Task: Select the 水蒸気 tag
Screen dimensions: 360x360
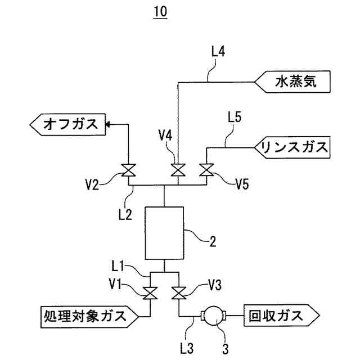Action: coord(292,82)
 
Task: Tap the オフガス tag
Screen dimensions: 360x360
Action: coord(67,124)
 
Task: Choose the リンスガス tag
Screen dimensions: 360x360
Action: coord(292,147)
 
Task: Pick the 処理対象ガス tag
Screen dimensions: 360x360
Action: coord(90,317)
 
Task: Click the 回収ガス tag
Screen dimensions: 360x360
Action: coord(281,316)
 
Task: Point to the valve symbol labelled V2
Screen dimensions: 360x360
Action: coord(128,170)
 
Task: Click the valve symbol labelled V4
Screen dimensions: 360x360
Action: coord(178,170)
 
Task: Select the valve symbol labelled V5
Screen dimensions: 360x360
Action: coord(206,170)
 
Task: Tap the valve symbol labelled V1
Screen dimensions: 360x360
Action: coord(150,293)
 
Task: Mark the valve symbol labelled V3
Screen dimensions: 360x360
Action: coord(179,293)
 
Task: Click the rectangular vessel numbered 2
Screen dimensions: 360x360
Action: coord(164,233)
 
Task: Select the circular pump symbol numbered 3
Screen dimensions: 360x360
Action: coord(213,316)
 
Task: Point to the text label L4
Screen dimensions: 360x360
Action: coord(218,51)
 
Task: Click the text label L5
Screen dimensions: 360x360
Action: coord(235,117)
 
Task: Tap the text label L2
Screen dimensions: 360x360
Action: coord(125,215)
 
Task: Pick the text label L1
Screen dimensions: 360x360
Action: coord(118,267)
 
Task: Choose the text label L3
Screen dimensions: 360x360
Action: coord(187,349)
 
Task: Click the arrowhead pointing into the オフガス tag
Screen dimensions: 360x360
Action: coord(107,124)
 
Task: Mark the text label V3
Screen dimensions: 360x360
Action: coord(215,285)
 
